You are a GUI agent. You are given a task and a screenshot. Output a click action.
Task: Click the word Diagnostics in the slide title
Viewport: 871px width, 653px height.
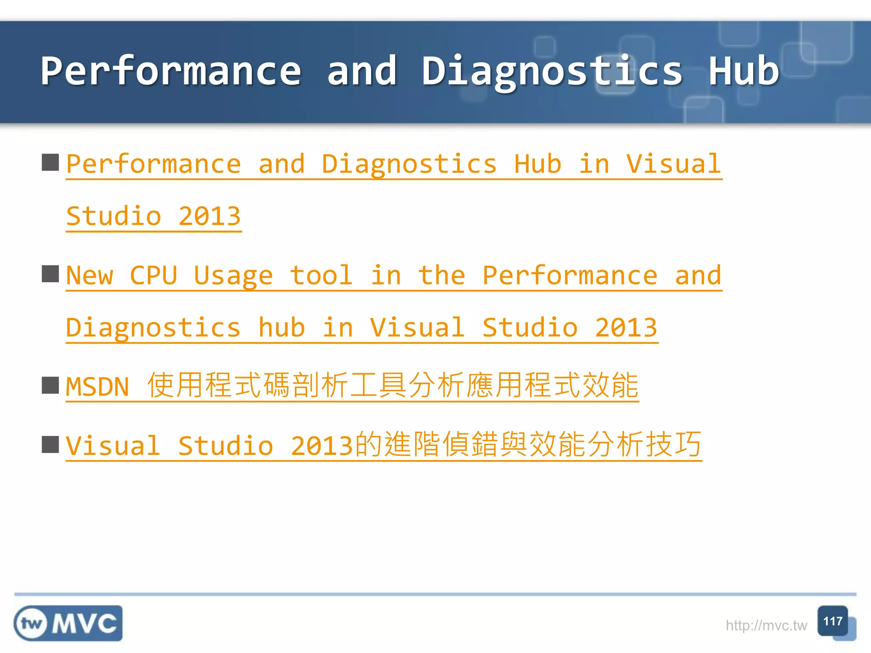click(552, 71)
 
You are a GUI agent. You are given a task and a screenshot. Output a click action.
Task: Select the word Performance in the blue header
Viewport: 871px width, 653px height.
click(171, 71)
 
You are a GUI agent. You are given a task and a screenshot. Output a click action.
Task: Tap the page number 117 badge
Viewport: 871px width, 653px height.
click(832, 621)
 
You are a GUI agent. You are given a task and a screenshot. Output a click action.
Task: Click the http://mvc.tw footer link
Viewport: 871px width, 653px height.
click(766, 625)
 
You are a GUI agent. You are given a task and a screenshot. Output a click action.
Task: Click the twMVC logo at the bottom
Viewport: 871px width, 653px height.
click(68, 623)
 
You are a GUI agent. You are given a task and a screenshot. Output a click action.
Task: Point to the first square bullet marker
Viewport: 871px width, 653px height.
click(50, 162)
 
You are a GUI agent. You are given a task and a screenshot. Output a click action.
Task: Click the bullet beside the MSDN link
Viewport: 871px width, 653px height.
click(50, 386)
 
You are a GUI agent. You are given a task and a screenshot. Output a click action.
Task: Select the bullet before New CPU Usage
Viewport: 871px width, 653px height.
click(50, 274)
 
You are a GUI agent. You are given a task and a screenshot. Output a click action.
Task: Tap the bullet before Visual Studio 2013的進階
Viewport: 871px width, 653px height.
click(50, 445)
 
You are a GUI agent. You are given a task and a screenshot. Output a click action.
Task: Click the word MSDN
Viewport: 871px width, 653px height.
click(97, 387)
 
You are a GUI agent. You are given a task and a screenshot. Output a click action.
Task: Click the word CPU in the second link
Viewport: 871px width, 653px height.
click(153, 275)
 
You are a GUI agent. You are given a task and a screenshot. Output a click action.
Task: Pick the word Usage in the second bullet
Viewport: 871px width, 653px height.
click(233, 275)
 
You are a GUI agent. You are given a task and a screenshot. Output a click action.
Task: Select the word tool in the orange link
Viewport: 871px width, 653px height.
click(321, 275)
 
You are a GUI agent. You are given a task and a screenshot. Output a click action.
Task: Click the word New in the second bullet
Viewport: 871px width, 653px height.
click(90, 275)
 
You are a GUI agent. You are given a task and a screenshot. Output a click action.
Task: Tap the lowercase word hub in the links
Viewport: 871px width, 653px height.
click(282, 328)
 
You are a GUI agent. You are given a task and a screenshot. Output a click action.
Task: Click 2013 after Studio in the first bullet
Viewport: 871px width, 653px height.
click(209, 216)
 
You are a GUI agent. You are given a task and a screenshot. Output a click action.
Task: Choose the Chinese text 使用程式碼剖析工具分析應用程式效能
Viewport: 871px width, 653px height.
click(393, 386)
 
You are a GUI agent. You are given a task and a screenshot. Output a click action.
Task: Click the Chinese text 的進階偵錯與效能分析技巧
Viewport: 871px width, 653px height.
click(528, 445)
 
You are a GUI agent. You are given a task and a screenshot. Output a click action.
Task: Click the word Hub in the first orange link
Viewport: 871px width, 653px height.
click(538, 164)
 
